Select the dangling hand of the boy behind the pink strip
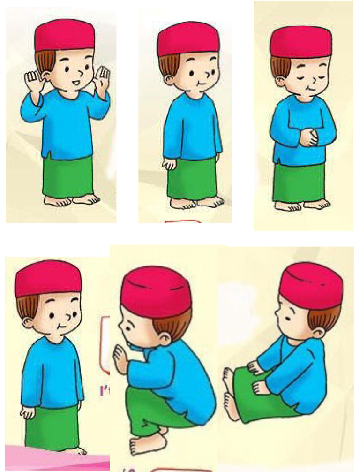28,413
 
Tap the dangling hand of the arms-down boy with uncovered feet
168,165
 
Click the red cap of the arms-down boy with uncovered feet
187,39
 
